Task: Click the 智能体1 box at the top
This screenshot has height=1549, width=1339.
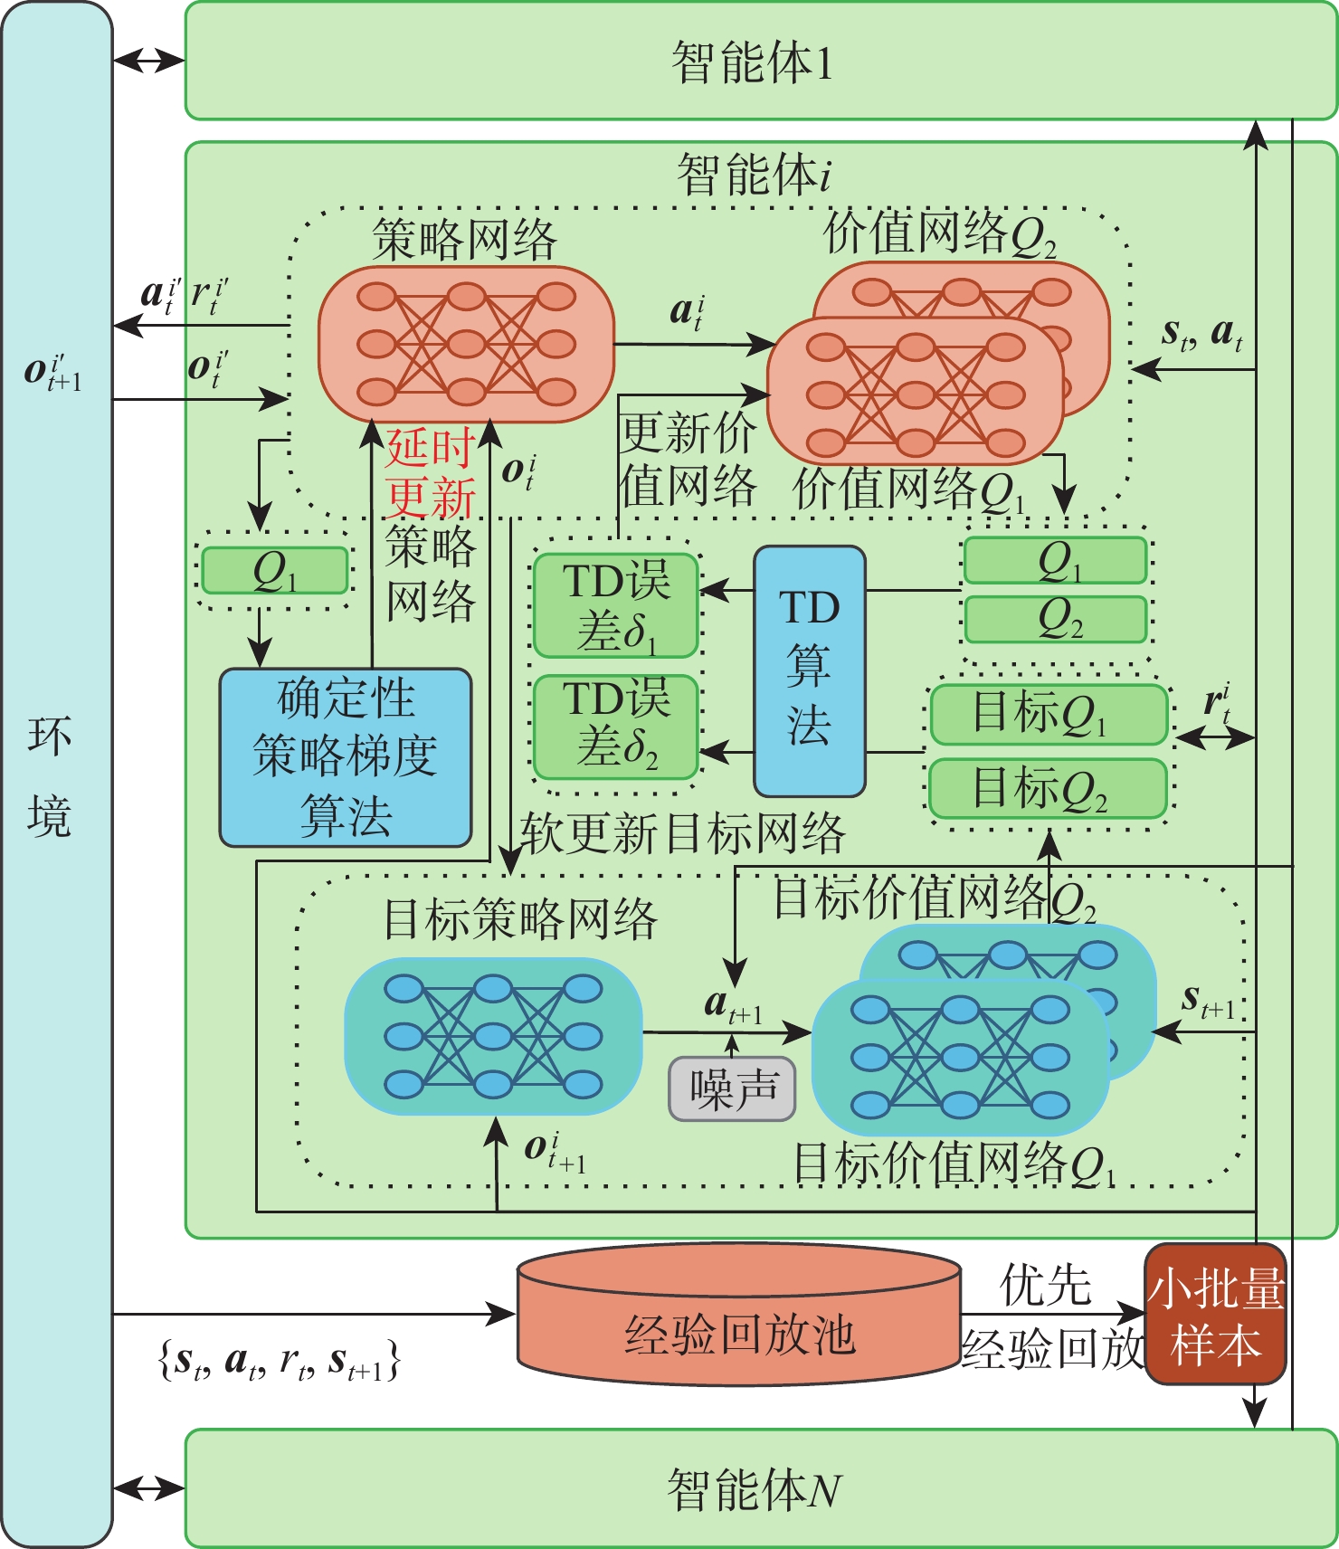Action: (761, 61)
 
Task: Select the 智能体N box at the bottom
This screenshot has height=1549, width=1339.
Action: (761, 1488)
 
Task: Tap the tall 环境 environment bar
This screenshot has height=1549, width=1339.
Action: (57, 774)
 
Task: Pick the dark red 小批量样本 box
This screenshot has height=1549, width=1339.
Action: (1215, 1314)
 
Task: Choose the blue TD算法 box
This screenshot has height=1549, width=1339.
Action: (810, 670)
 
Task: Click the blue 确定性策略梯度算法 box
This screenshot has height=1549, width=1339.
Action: (346, 757)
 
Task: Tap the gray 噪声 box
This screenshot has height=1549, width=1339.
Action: (732, 1088)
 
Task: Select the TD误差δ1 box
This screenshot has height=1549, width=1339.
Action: (616, 604)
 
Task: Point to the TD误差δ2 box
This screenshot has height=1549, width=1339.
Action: (616, 727)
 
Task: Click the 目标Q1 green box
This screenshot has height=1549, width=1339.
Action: (1049, 714)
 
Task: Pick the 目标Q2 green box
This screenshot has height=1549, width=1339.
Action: (1049, 788)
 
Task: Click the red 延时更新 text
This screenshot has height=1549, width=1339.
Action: (431, 472)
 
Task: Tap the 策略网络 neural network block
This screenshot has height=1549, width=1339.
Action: (466, 344)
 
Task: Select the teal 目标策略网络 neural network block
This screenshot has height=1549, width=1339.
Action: (493, 1036)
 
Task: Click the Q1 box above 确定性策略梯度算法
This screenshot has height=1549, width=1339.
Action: (274, 570)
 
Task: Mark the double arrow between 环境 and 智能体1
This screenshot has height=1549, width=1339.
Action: (149, 61)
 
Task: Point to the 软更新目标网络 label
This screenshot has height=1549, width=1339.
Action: (683, 832)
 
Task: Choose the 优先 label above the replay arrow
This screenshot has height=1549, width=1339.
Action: (1046, 1285)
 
